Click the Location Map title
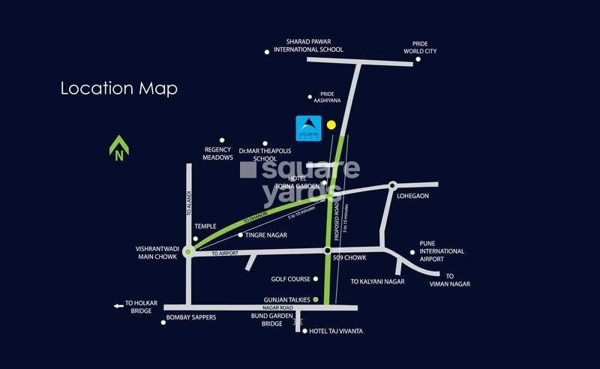tap(118, 88)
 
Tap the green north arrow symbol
tap(118, 148)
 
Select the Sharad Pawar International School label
tap(308, 46)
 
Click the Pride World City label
tap(419, 47)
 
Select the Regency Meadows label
tap(218, 153)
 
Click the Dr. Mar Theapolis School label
tap(258, 154)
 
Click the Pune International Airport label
tap(442, 256)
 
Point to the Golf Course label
tap(290, 279)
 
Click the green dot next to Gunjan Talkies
tap(316, 300)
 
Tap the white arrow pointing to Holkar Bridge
tap(118, 305)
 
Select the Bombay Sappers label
tap(193, 317)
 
